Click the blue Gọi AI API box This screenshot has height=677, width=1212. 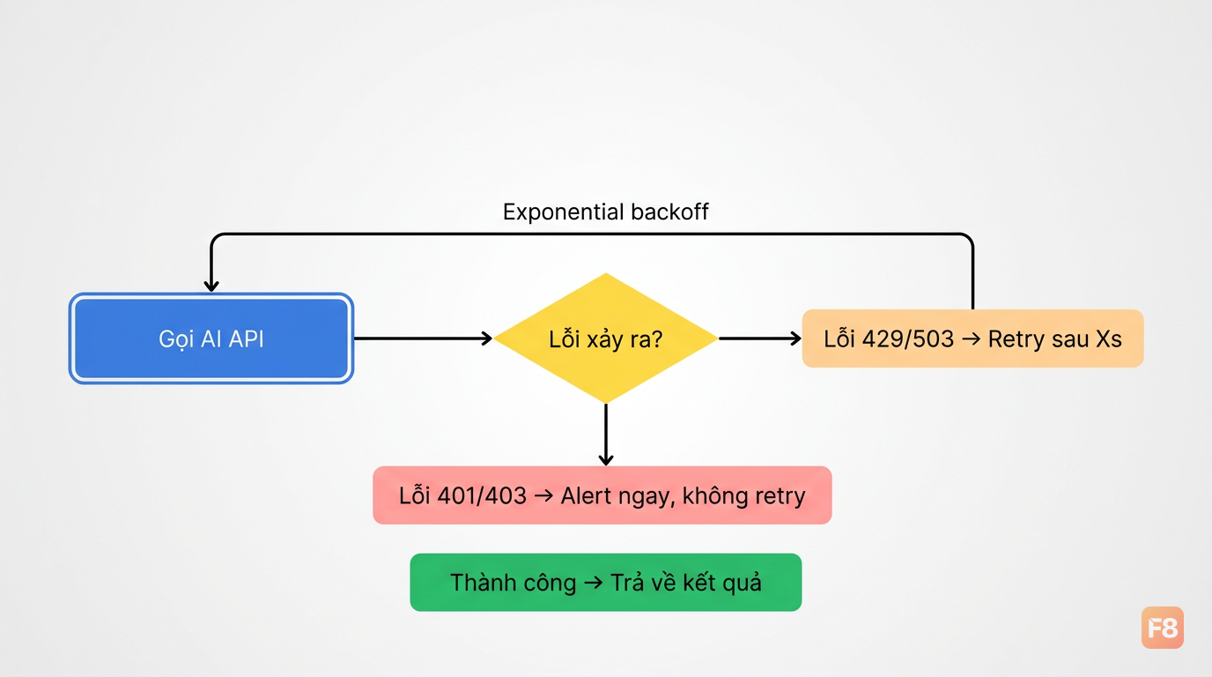pos(211,338)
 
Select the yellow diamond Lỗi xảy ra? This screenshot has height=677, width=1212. pos(606,338)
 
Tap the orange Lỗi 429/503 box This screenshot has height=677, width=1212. pos(972,338)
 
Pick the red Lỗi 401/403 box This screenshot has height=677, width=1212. pos(602,495)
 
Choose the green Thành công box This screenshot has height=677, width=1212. pos(606,582)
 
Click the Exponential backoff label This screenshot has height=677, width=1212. pos(605,212)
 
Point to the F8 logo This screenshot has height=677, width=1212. pos(1162,628)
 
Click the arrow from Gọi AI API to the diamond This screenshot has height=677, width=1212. pos(423,338)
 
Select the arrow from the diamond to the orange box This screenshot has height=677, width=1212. pos(760,338)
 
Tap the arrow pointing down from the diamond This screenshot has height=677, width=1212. pos(606,435)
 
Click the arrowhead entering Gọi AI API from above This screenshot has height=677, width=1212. pos(211,286)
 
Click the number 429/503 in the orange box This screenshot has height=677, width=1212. pos(907,339)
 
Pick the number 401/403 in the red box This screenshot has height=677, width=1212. pos(482,495)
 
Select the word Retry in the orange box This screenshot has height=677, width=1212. pos(1016,339)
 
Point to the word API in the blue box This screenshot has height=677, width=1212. pos(247,339)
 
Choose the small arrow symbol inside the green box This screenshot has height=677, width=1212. pos(594,583)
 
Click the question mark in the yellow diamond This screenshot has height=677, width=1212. pos(656,339)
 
